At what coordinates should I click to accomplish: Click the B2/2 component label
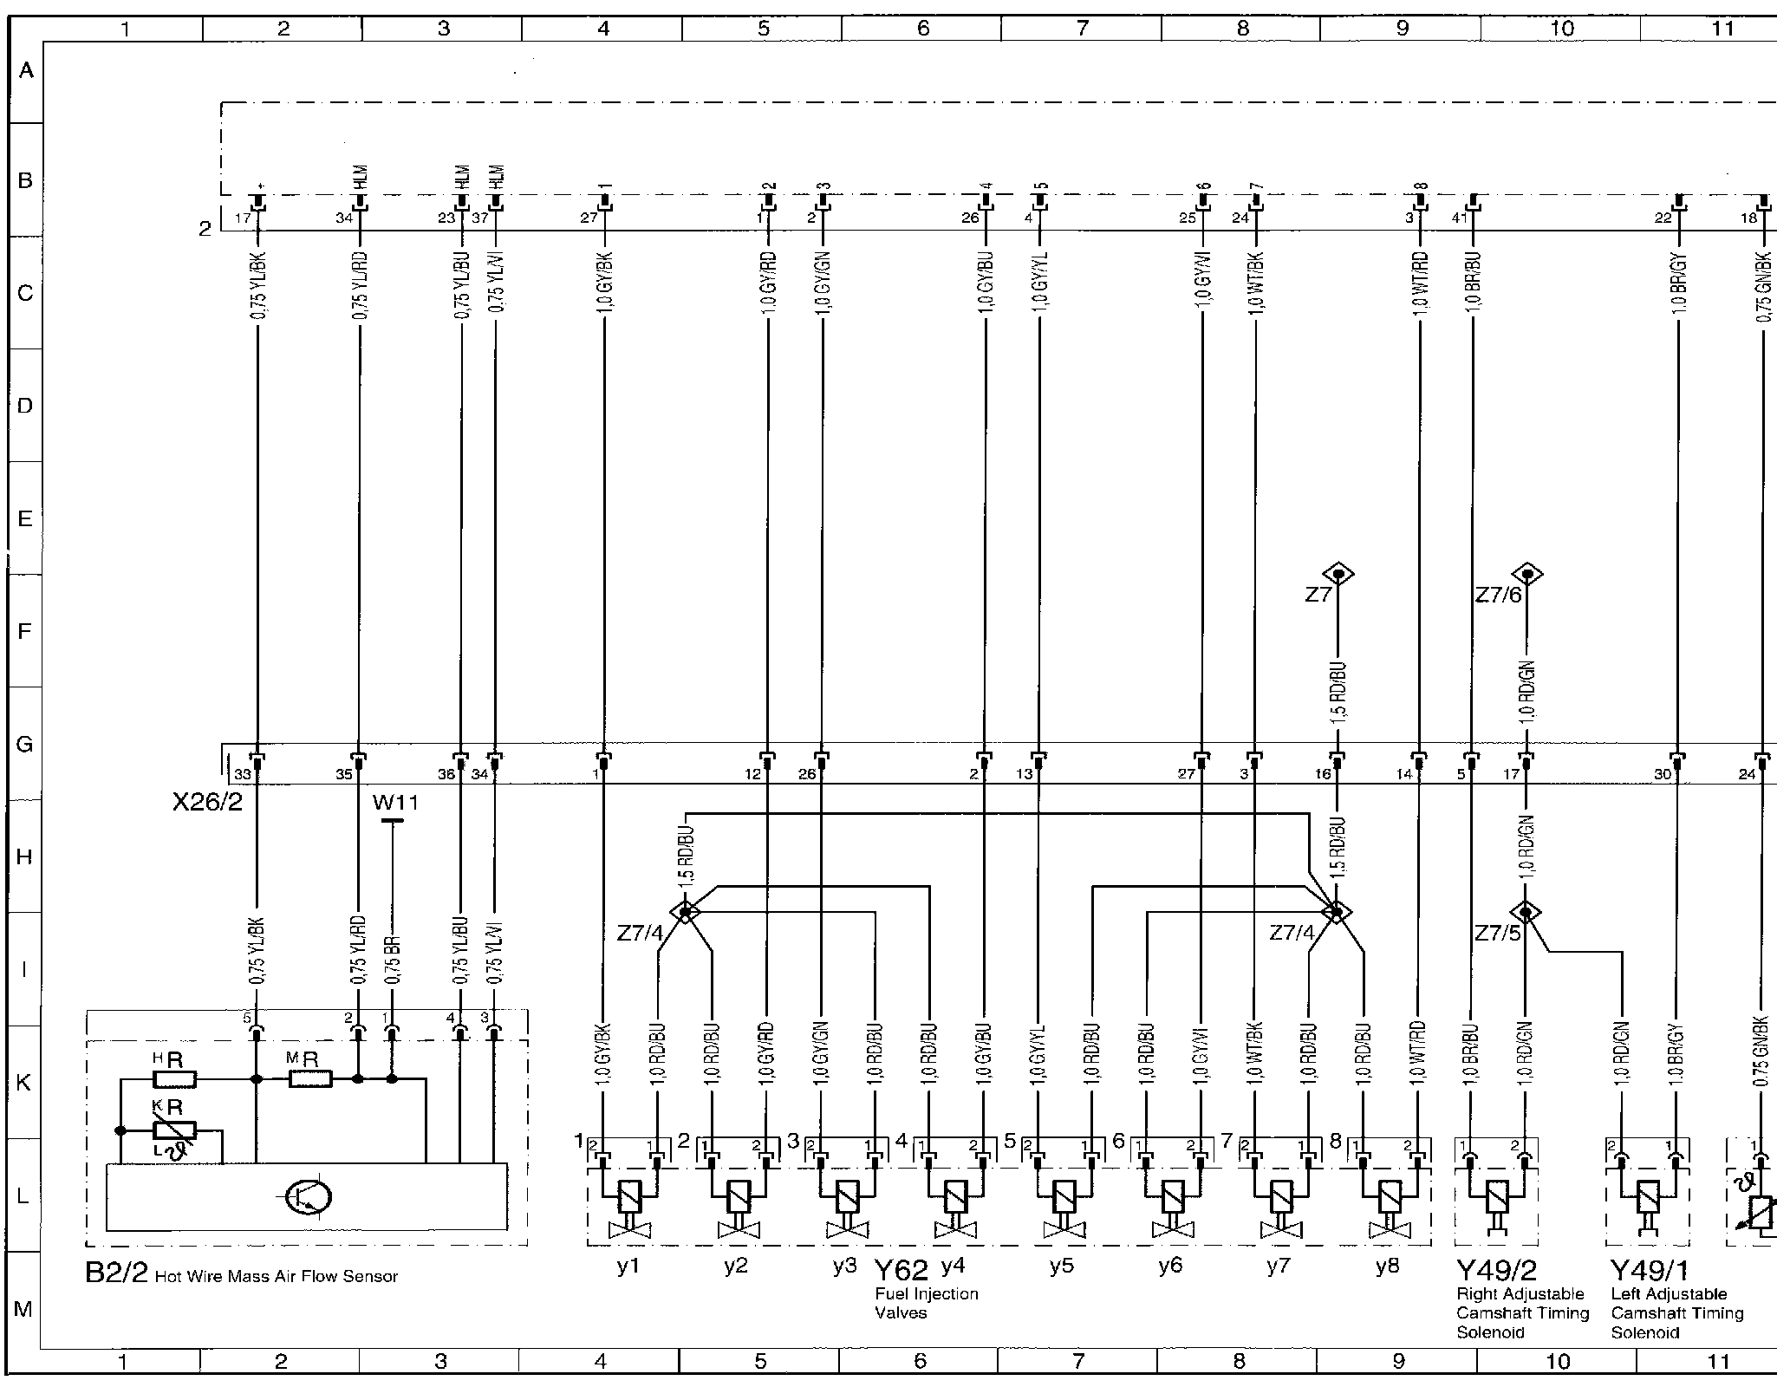pos(116,1273)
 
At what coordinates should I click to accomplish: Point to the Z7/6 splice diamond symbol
pos(1526,574)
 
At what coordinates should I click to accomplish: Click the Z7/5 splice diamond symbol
pos(1526,912)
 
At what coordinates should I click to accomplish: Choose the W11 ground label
pos(394,803)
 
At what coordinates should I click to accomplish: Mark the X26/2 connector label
pos(207,802)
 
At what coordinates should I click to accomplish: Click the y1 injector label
pos(628,1266)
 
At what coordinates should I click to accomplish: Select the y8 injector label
pos(1387,1266)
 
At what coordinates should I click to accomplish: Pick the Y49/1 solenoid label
pos(1650,1271)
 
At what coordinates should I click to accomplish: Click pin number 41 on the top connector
pos(1459,218)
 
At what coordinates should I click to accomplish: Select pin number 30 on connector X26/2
pos(1662,774)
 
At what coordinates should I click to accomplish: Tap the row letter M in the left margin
pos(23,1309)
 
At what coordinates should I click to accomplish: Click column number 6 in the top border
pos(922,29)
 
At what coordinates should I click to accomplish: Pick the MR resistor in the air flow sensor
pos(310,1079)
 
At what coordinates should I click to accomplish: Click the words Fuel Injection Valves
pos(926,1303)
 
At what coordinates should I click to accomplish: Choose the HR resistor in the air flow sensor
pos(174,1079)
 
